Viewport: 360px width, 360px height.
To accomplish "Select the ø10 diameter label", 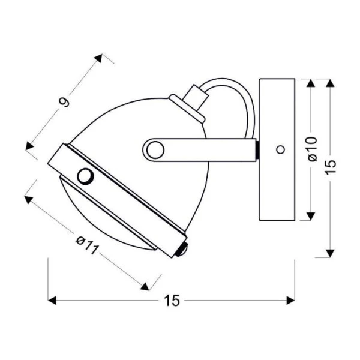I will coord(312,149).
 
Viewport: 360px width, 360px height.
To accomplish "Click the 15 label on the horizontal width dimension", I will coord(172,301).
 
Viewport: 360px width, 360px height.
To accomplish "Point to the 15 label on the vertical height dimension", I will coord(332,166).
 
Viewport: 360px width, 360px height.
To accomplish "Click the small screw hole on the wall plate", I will coord(278,149).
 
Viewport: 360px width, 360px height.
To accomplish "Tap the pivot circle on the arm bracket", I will coord(155,149).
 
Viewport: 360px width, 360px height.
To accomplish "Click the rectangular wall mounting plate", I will coord(277,149).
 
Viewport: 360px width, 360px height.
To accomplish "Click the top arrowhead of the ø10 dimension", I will coord(310,83).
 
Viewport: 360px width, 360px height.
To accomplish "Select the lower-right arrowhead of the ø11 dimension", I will coord(144,286).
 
